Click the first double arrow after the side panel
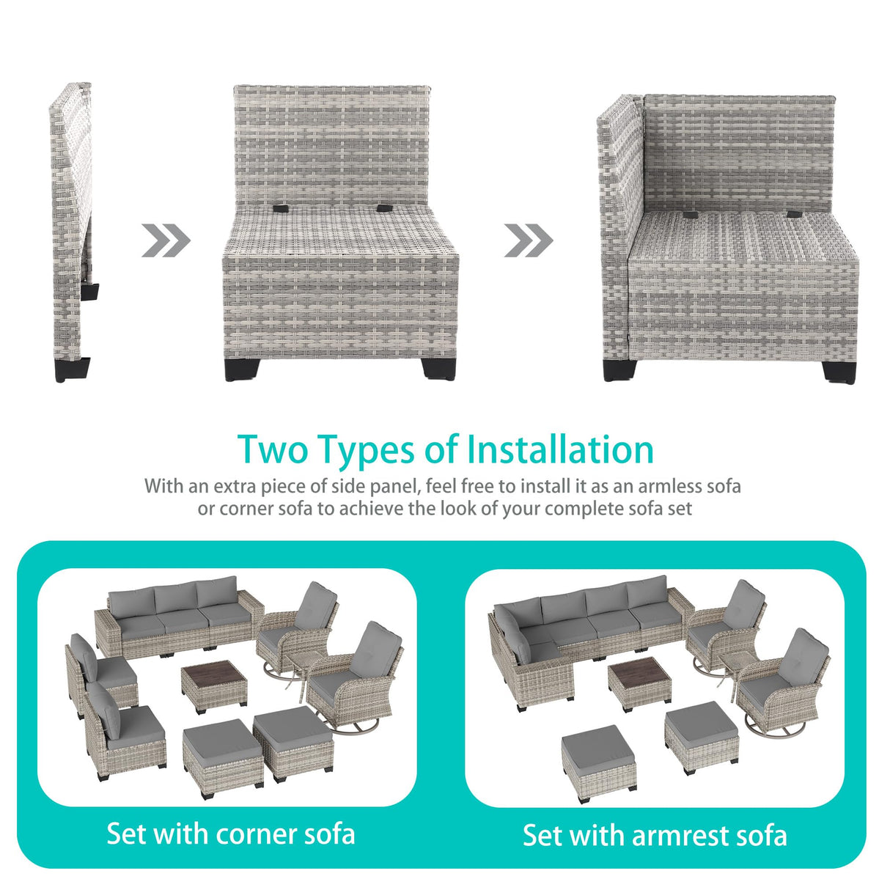166,240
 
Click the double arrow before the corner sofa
529,240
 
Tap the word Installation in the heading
561,449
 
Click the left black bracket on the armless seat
281,208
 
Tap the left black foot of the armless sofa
242,369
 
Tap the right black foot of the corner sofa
839,372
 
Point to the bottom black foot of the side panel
72,370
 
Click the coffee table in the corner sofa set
214,686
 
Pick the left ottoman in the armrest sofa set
599,764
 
